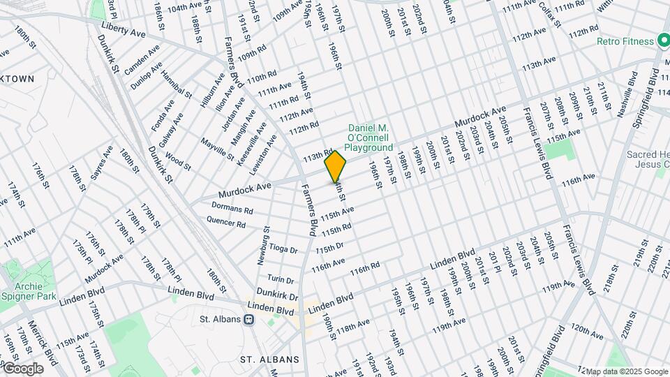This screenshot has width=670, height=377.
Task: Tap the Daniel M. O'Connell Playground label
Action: tap(370, 138)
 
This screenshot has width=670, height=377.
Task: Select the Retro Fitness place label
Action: tap(625, 41)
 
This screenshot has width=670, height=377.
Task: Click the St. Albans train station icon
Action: tap(248, 319)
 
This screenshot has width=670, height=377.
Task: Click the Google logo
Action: tap(23, 368)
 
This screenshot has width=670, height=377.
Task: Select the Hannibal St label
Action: tap(176, 83)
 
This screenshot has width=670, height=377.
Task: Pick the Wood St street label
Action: tap(178, 163)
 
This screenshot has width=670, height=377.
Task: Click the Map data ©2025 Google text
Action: tap(626, 371)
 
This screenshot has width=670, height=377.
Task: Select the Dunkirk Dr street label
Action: tap(277, 295)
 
